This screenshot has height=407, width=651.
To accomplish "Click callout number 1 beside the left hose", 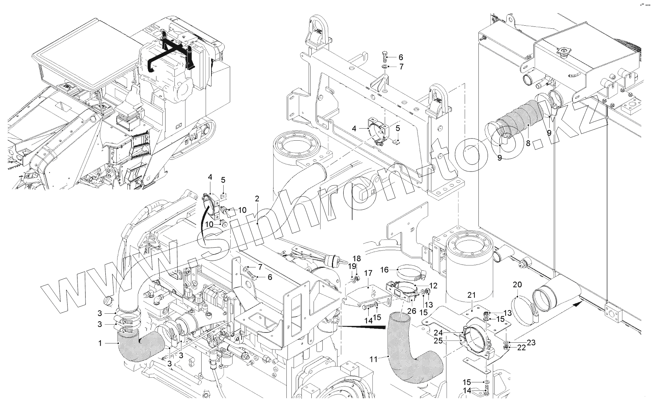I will tap(100, 343).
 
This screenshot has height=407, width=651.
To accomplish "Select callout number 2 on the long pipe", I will tap(257, 199).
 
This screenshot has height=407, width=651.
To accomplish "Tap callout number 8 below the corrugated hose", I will tap(528, 144).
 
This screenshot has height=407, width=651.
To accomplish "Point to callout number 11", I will tap(373, 359).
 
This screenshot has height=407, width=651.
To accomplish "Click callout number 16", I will tap(384, 270).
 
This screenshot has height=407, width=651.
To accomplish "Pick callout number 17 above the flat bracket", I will tap(368, 273).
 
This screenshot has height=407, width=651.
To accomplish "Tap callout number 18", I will tap(357, 259).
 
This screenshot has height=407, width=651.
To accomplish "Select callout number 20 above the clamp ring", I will tap(517, 285).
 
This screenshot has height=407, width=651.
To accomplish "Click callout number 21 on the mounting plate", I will tap(471, 295).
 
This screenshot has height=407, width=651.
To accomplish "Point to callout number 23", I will tap(531, 342).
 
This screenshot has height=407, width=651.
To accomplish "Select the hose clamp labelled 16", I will tap(409, 273).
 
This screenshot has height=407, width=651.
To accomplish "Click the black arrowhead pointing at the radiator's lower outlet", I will tap(578, 303).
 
